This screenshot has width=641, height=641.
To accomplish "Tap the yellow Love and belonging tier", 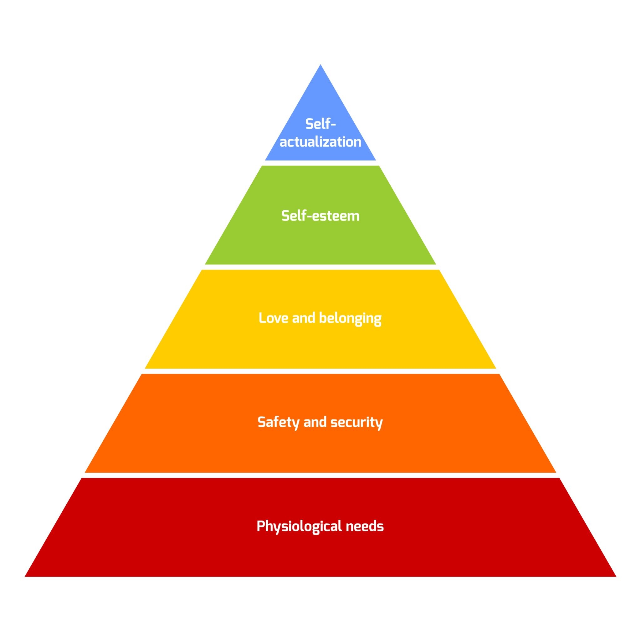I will [320, 345].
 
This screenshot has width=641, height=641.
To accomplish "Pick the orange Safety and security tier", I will [320, 448].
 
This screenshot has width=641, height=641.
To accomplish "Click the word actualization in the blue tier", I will [320, 142].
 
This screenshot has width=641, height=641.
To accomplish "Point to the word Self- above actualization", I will [320, 124].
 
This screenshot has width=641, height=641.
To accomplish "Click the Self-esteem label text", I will [320, 216].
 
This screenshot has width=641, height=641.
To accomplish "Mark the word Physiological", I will [299, 526].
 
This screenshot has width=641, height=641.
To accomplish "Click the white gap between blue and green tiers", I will [320, 163].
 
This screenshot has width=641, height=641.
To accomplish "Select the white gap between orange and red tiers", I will [320, 475].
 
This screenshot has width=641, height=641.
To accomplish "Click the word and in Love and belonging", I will [304, 318].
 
